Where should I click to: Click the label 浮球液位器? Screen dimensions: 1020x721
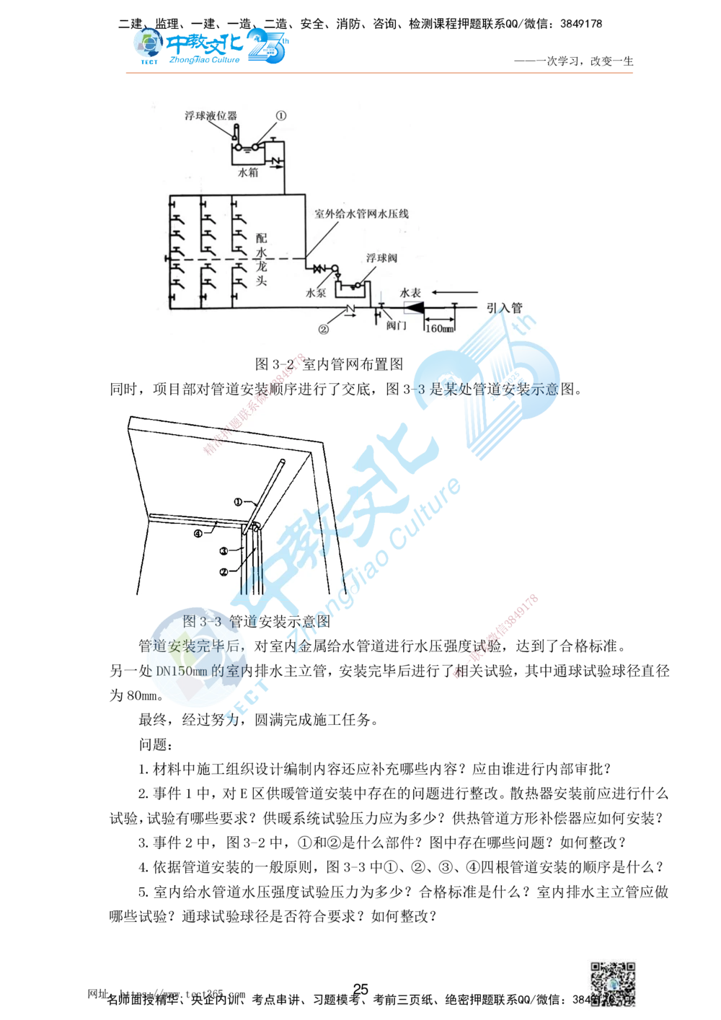(210, 115)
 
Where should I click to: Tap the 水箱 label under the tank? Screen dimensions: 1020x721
(248, 173)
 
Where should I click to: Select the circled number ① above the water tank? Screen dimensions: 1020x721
(280, 115)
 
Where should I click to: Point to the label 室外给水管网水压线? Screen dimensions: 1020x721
(361, 214)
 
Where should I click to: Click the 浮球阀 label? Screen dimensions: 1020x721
(381, 258)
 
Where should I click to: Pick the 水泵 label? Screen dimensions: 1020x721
(317, 294)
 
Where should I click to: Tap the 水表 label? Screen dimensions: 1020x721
(410, 293)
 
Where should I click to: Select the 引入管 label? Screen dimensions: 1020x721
(504, 307)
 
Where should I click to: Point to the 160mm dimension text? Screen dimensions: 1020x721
(439, 329)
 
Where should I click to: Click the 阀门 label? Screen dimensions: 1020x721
(396, 325)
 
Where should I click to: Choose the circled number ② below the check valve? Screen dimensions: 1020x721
(324, 329)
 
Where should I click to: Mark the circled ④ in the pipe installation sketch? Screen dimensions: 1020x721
(198, 534)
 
